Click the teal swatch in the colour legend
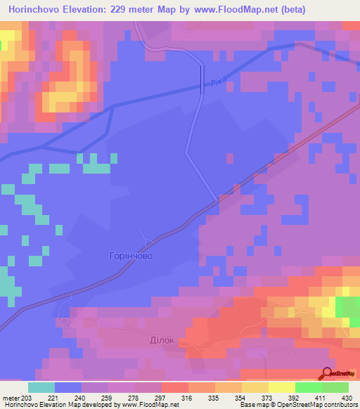41,387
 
